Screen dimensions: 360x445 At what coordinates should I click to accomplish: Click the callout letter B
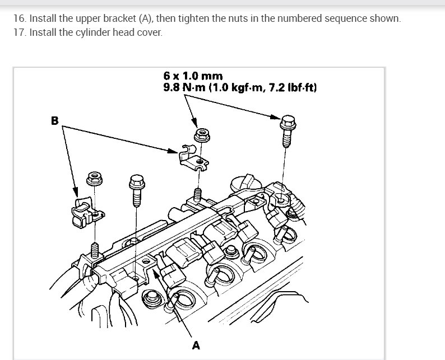(55, 120)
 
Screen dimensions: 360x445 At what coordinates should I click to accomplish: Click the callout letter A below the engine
(196, 345)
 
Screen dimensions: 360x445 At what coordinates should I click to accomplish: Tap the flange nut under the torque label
(201, 135)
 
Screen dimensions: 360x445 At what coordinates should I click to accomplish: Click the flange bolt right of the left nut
(136, 190)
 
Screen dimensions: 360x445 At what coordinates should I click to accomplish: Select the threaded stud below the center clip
(197, 194)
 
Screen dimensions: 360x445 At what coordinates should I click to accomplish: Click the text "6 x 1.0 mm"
(193, 76)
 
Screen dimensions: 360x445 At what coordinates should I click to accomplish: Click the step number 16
(20, 18)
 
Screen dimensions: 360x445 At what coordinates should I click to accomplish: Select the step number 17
(20, 32)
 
